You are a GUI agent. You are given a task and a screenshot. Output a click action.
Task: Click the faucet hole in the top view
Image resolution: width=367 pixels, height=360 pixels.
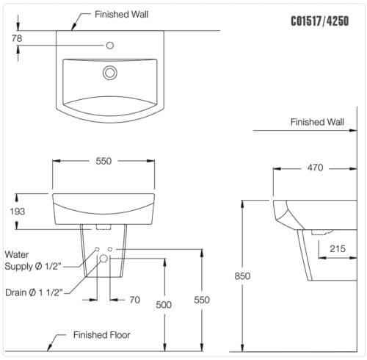109,46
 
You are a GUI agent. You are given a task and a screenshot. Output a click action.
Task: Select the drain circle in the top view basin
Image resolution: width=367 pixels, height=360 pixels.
110,72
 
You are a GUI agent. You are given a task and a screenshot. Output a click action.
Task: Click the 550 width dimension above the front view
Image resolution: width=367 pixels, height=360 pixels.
103,161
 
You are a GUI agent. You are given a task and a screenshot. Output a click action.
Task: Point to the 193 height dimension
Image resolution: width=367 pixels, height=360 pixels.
18,211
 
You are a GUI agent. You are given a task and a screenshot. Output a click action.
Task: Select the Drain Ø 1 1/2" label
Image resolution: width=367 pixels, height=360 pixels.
35,292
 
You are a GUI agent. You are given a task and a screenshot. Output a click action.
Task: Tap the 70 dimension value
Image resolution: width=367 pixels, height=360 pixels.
134,300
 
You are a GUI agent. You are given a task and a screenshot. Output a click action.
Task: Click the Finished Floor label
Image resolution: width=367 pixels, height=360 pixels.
101,335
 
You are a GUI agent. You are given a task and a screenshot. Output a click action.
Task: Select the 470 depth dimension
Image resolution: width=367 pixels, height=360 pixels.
315,168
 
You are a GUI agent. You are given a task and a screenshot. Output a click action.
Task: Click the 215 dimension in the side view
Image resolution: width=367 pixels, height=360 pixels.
338,249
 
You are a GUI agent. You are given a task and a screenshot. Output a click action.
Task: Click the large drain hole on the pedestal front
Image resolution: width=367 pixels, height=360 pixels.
103,259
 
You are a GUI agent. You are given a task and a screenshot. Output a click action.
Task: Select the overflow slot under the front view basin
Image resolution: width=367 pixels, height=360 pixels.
103,228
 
